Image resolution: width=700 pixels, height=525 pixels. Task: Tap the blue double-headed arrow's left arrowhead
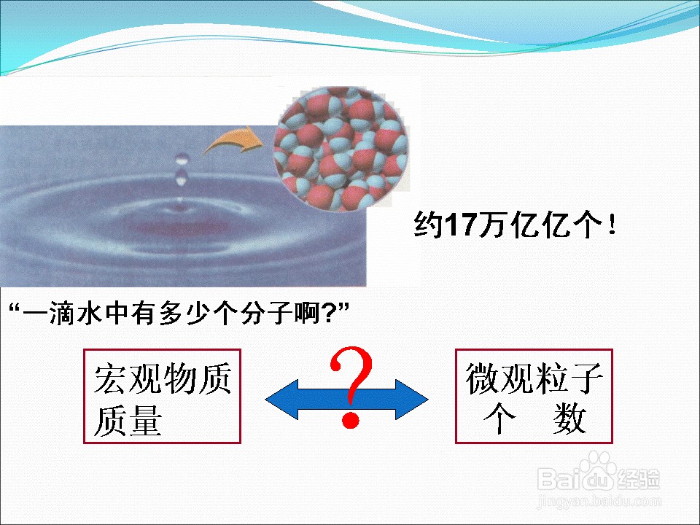(282, 399)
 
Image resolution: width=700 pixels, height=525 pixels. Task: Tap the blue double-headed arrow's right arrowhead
(411, 399)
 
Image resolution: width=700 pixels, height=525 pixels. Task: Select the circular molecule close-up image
(341, 148)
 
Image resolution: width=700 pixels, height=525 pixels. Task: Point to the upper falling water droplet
(182, 158)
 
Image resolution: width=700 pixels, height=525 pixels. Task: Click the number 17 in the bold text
(462, 225)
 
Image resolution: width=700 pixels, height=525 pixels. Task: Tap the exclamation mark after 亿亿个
(612, 224)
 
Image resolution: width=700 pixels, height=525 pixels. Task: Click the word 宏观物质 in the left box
(163, 378)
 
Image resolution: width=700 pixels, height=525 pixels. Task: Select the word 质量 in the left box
(128, 420)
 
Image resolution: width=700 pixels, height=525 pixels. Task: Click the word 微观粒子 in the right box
(534, 378)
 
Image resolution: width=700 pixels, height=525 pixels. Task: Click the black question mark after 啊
(329, 313)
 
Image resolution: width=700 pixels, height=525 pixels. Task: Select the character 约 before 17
(429, 225)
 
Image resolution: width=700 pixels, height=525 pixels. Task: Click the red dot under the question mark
(351, 421)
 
